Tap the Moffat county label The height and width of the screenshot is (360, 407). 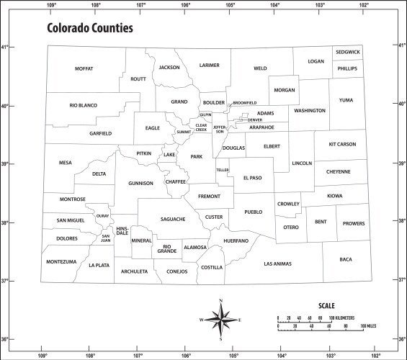click(x=84, y=68)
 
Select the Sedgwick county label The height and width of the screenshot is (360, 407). click(x=347, y=52)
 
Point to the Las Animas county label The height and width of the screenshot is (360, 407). click(x=277, y=264)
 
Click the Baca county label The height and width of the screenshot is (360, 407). click(x=346, y=259)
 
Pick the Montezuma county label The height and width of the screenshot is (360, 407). click(x=61, y=261)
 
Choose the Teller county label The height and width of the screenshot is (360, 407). click(x=222, y=170)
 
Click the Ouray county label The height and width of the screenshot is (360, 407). click(x=102, y=215)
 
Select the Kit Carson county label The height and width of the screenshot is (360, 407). click(x=342, y=144)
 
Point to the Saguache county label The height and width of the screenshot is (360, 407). click(x=173, y=218)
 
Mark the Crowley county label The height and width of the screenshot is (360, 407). click(x=288, y=204)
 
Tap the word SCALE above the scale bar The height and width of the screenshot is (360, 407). click(x=326, y=305)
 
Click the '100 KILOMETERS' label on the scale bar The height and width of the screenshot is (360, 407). click(x=343, y=317)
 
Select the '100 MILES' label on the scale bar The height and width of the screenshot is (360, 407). click(x=370, y=327)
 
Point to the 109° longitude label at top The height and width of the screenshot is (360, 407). click(x=51, y=5)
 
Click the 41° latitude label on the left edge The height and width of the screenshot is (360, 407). click(x=4, y=48)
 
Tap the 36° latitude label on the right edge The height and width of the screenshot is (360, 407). click(x=402, y=339)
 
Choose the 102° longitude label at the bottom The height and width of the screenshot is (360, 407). click(x=376, y=355)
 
